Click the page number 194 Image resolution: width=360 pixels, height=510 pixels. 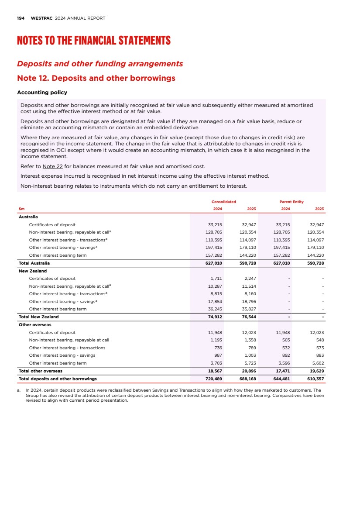20,18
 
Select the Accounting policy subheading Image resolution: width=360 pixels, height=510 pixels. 42,93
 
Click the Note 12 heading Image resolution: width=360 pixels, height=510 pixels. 96,78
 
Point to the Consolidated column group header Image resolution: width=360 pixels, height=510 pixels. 223,202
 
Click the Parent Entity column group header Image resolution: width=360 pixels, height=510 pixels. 291,202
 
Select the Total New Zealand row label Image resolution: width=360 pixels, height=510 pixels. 38,317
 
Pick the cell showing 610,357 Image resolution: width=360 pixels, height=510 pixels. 315,379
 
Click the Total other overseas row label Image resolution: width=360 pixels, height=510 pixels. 40,371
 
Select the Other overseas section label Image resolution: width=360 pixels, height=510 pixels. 35,325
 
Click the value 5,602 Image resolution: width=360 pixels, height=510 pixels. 316,363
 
